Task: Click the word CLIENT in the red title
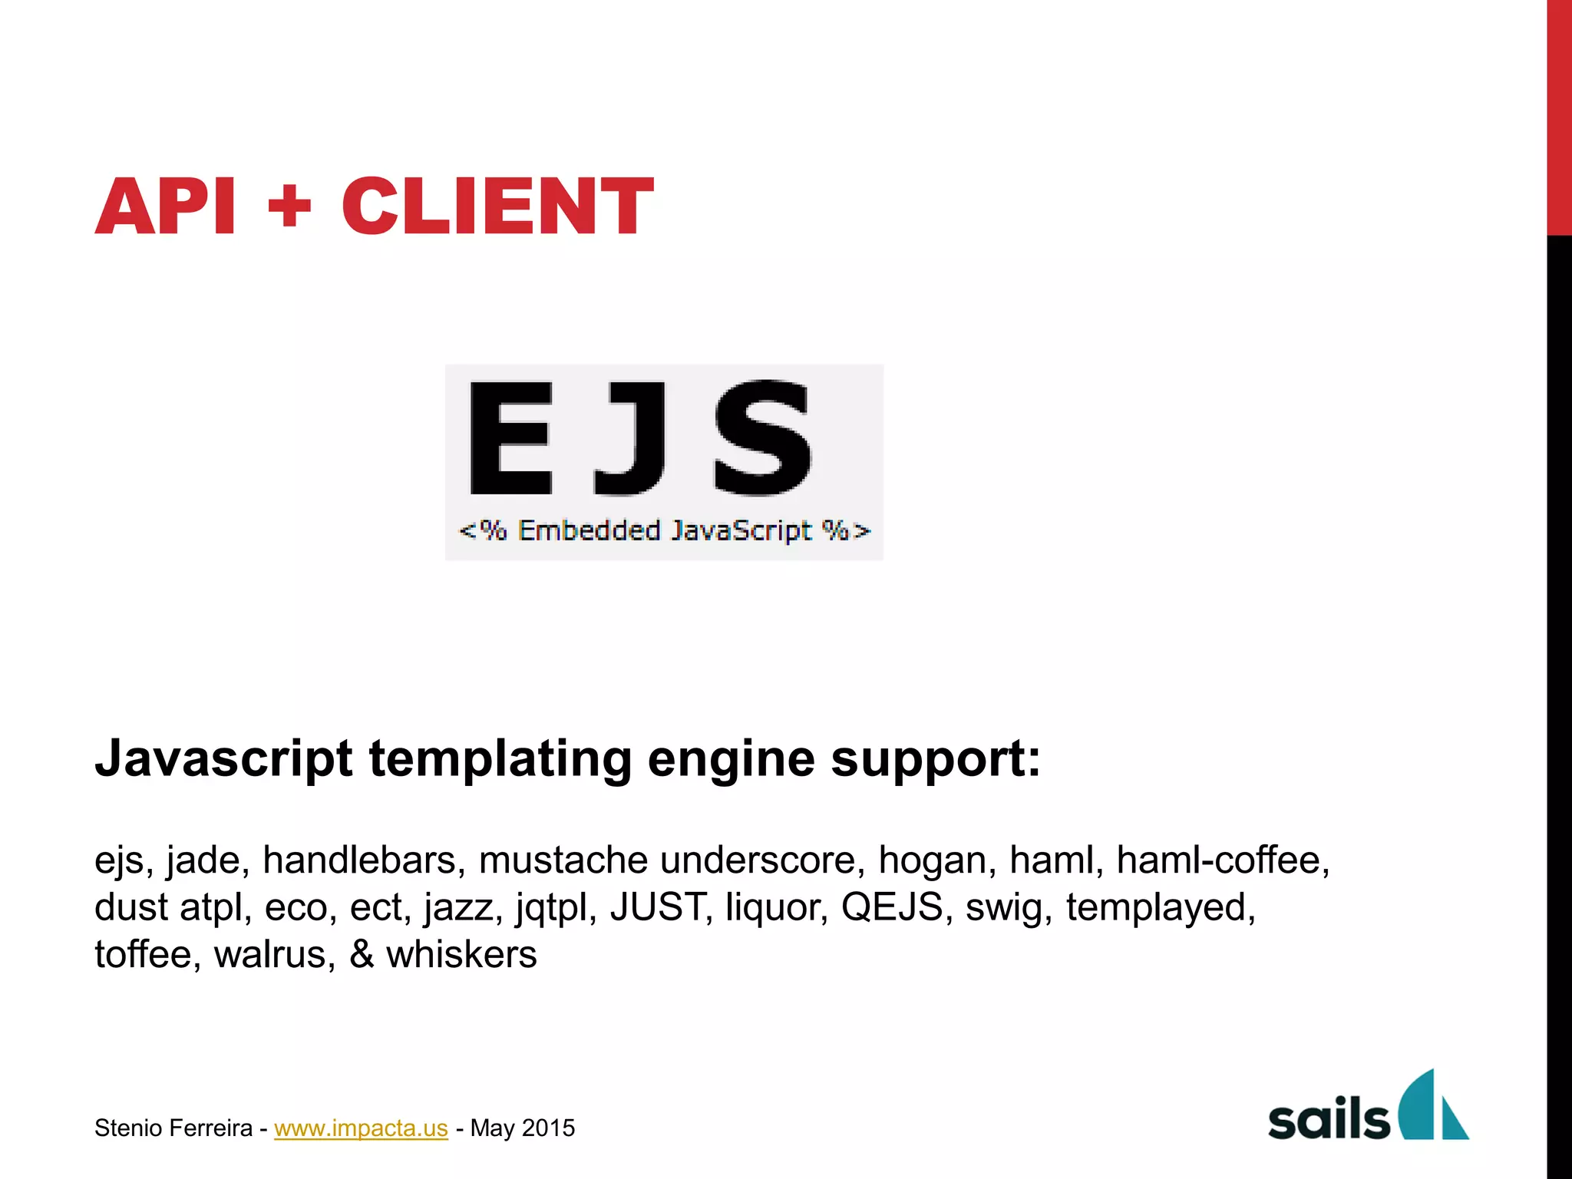tap(497, 206)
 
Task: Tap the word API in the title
tap(166, 206)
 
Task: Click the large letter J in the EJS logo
tap(629, 438)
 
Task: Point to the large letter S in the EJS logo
tap(762, 438)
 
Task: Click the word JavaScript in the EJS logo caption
tap(741, 530)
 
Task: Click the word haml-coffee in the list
tap(1222, 860)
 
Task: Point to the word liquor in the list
tap(776, 907)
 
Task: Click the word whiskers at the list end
tap(461, 955)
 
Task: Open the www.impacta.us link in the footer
tap(361, 1128)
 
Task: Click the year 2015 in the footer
tap(548, 1128)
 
